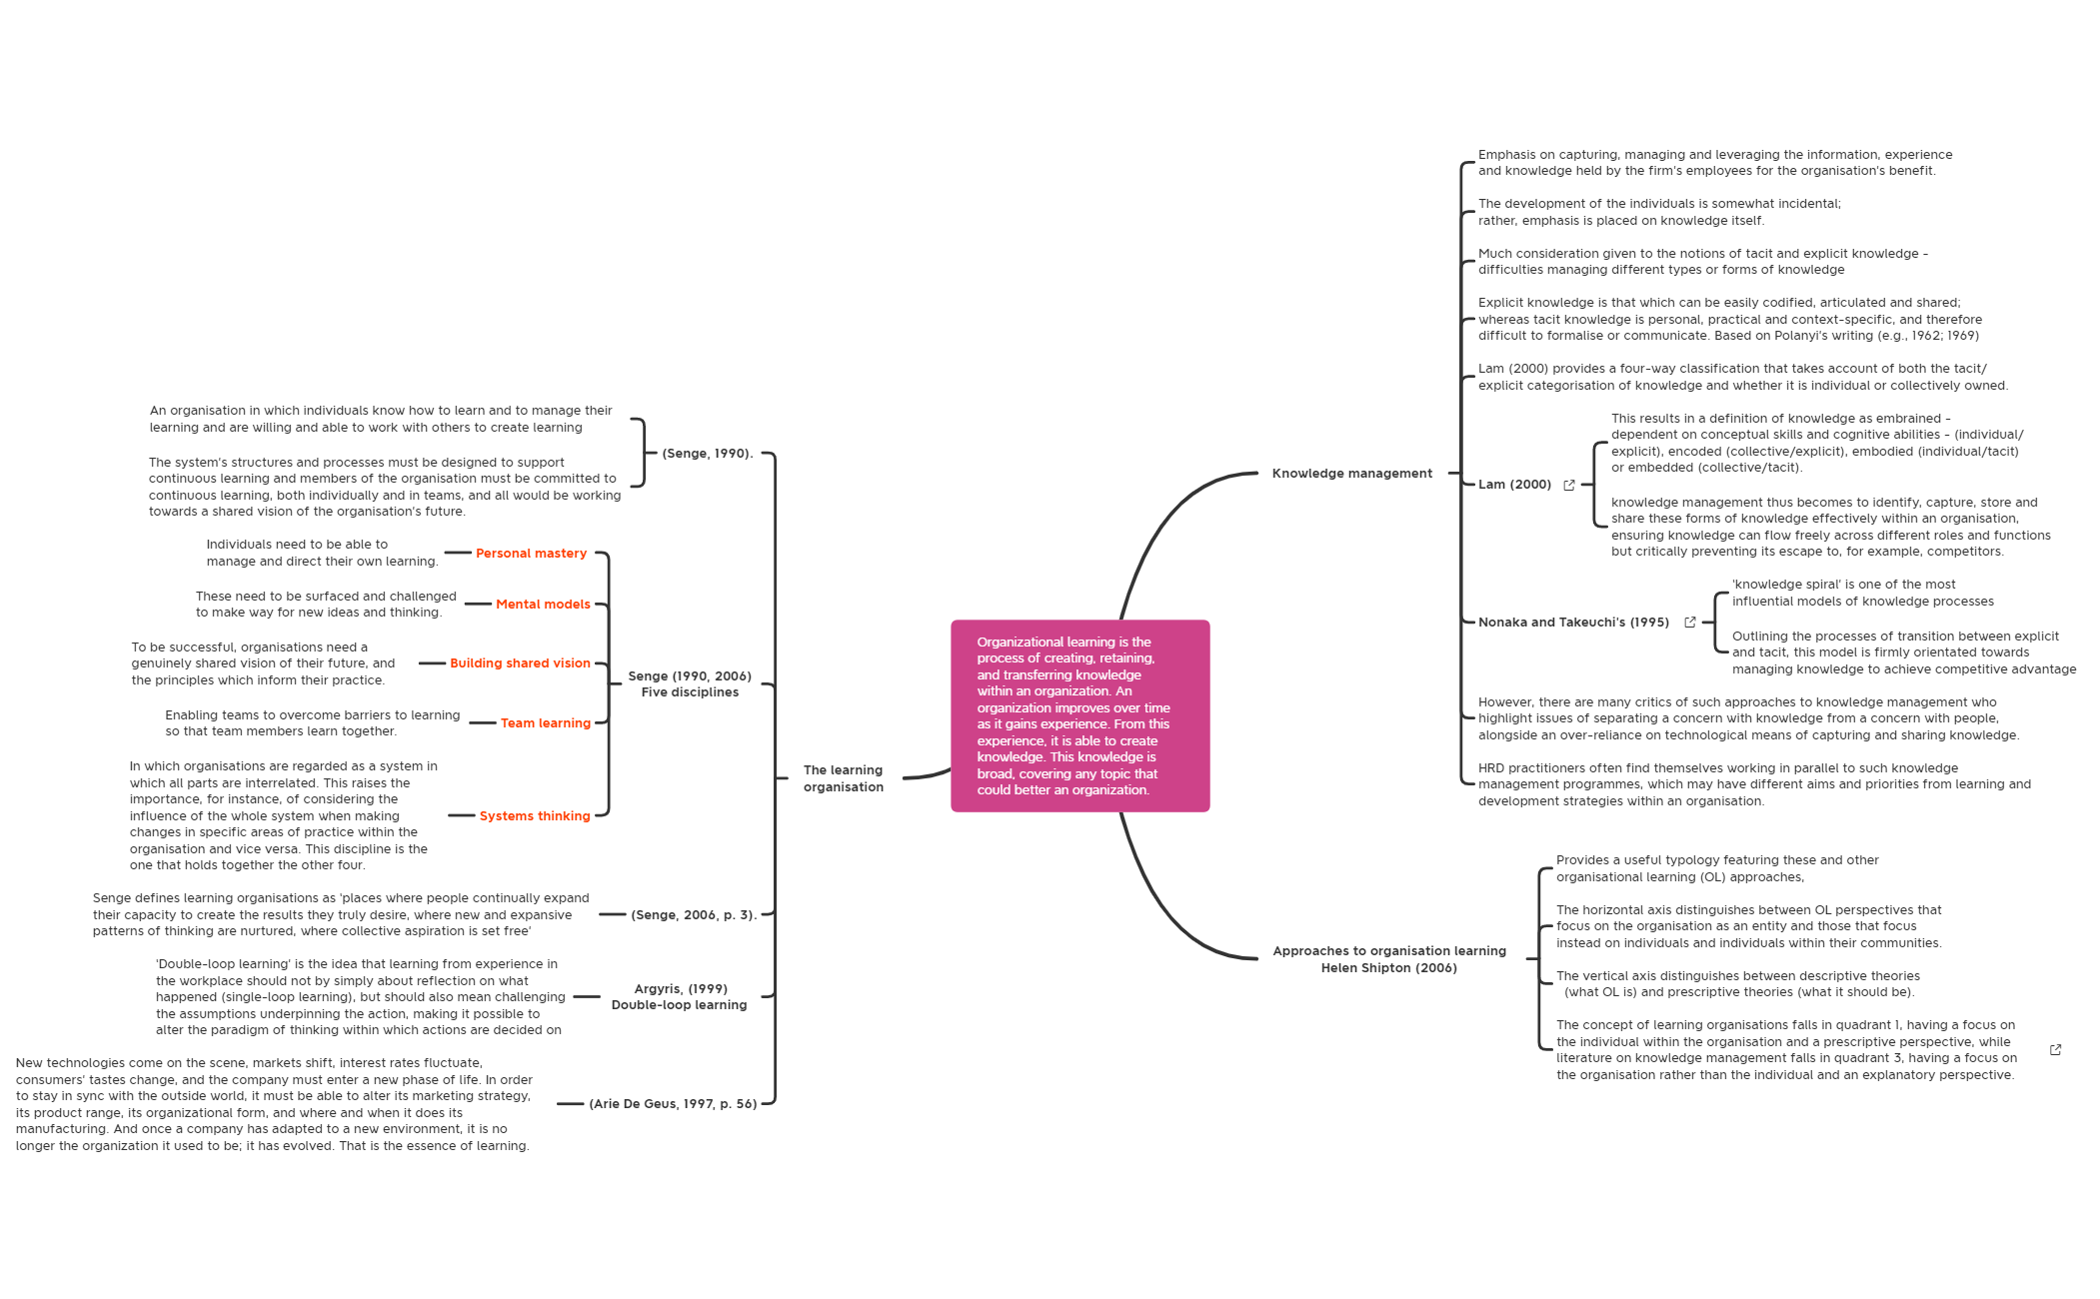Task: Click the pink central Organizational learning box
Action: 1079,715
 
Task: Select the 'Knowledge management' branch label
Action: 1351,474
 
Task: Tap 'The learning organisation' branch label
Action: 843,778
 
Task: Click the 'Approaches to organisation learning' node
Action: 1388,959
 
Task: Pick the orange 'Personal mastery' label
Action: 531,554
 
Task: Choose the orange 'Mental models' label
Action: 543,605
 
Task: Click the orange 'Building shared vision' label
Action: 520,663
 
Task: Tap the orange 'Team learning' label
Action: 545,723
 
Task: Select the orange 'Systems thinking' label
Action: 535,816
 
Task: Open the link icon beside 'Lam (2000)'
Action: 1569,486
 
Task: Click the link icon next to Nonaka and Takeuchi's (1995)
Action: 1690,623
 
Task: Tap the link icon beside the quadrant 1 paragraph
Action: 2055,1050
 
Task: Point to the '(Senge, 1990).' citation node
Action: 707,454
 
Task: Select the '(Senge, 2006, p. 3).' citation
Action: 693,915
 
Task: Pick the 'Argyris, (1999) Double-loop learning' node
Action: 679,997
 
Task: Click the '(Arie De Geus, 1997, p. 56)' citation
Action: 673,1104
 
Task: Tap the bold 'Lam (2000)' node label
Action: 1514,485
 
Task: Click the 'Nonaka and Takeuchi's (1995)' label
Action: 1573,623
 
